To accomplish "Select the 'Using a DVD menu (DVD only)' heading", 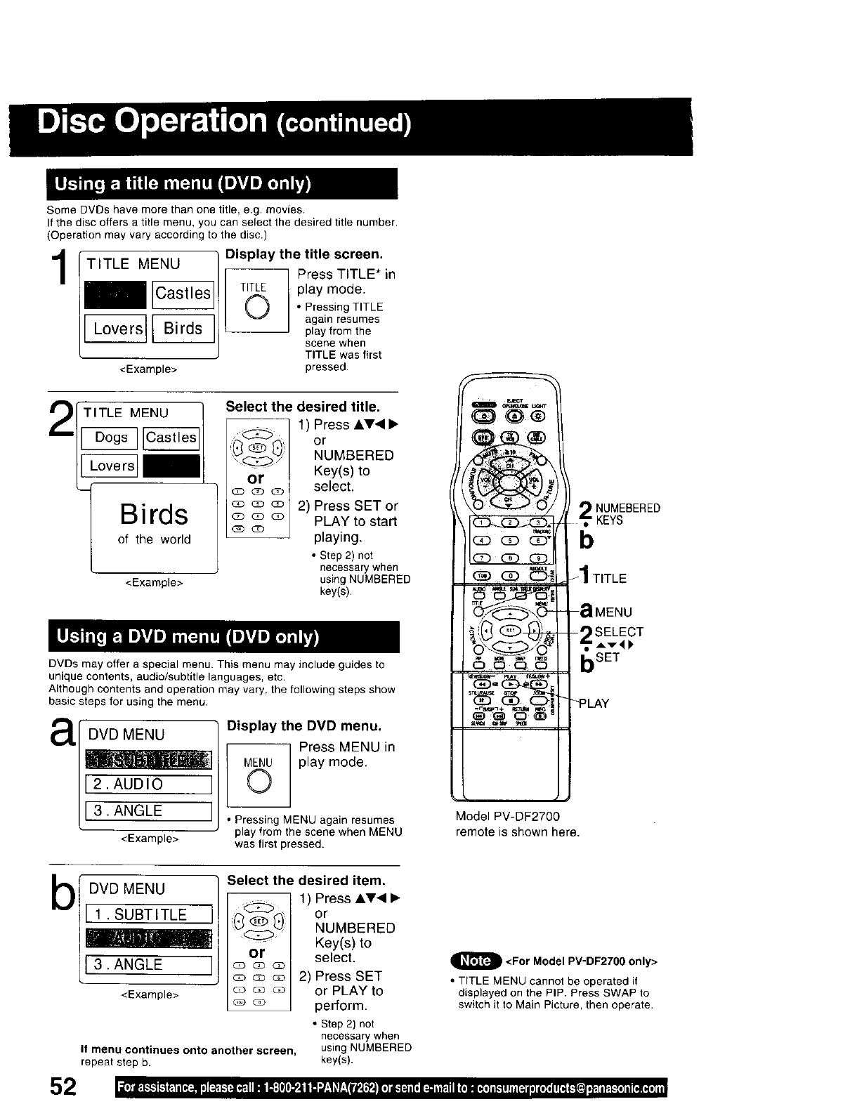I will point(187,637).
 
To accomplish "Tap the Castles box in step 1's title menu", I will point(183,294).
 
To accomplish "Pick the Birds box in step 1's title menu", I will point(183,328).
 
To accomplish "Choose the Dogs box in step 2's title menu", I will point(111,438).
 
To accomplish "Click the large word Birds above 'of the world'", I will point(153,514).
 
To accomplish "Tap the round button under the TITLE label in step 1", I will point(256,308).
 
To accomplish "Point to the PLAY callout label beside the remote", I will point(594,703).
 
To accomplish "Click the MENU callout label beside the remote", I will point(613,612).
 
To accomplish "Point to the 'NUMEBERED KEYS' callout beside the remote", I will point(627,514).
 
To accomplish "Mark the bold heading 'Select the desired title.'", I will point(302,407).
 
